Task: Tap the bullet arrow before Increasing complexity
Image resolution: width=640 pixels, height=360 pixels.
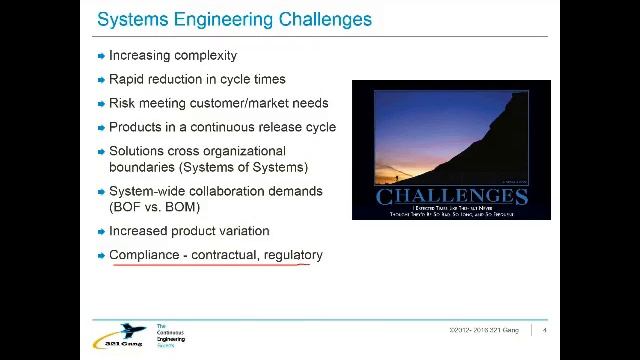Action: (x=101, y=56)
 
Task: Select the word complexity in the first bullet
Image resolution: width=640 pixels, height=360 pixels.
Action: (x=204, y=55)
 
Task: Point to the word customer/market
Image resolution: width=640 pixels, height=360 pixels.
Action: (x=246, y=103)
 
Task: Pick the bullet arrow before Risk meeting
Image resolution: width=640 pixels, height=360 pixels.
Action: (x=101, y=104)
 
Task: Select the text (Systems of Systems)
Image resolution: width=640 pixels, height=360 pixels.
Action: (x=244, y=167)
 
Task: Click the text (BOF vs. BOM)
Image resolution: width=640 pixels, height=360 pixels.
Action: (x=155, y=207)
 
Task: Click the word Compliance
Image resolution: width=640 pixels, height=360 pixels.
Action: (x=144, y=255)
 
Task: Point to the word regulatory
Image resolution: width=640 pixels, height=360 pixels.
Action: (x=293, y=255)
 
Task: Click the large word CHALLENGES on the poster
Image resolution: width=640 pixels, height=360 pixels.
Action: (x=451, y=196)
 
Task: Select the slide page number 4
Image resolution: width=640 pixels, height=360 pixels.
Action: (x=544, y=330)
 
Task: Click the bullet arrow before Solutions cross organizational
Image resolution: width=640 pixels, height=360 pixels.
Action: (x=101, y=152)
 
